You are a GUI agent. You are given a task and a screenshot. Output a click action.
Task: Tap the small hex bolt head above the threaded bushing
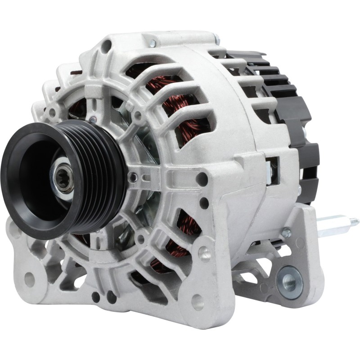pyautogui.click(x=285, y=233)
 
